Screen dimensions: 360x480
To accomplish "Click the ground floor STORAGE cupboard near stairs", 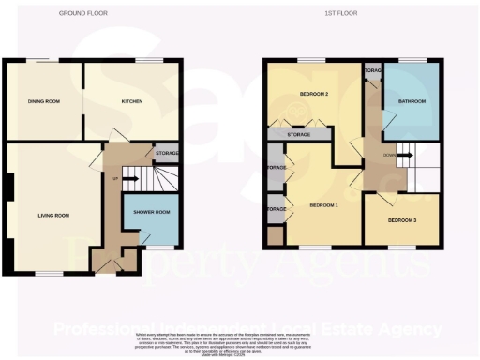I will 167,152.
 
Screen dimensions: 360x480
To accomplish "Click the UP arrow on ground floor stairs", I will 116,176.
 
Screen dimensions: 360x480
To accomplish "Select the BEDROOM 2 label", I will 302,95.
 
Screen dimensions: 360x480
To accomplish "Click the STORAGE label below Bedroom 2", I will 298,135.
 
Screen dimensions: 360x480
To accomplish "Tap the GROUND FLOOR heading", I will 81,14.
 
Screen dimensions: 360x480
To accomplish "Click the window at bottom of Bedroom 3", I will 401,247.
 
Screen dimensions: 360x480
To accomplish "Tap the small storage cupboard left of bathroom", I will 372,71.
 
